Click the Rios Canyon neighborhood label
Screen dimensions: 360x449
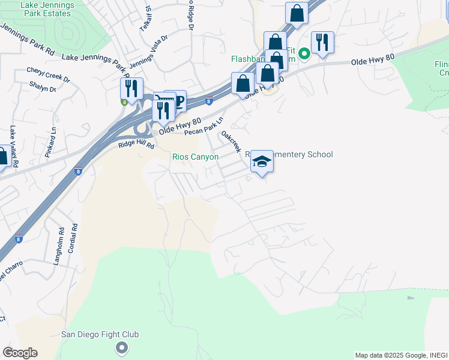[x=195, y=157]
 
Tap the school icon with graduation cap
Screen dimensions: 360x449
[x=262, y=161]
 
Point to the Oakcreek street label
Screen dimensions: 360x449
[x=231, y=142]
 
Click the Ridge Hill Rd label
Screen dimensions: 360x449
[x=136, y=145]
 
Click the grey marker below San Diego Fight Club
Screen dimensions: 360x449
[x=122, y=347]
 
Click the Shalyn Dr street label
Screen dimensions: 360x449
[x=42, y=89]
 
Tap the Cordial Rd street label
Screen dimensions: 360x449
[x=74, y=238]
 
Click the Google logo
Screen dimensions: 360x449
[x=20, y=353]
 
